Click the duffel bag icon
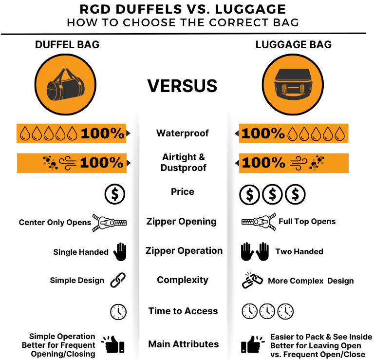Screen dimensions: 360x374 click(65, 85)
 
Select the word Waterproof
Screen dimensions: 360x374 click(183, 133)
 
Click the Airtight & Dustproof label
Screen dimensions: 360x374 click(184, 163)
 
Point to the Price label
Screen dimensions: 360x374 click(183, 192)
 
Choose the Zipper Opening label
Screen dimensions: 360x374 click(181, 221)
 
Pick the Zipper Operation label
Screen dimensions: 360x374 click(184, 250)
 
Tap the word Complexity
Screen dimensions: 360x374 click(183, 280)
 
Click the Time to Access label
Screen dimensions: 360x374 click(183, 311)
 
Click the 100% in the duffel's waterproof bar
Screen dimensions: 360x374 click(103, 133)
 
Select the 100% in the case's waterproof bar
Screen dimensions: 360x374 click(263, 133)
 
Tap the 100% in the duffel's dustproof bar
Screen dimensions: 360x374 click(102, 163)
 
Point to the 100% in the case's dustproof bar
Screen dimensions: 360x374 click(263, 163)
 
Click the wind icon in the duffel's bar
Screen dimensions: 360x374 click(68, 163)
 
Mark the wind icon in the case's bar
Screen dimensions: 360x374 click(298, 163)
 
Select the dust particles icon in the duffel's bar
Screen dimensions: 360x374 click(50, 163)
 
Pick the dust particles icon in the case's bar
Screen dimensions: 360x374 click(317, 163)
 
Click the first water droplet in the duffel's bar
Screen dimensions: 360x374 click(24, 133)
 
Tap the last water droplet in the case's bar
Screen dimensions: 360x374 click(340, 133)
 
